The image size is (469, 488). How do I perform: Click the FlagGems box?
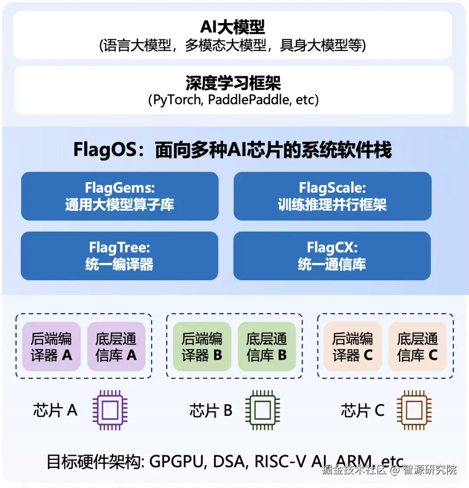point(119,196)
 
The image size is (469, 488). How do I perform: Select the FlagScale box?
point(332,196)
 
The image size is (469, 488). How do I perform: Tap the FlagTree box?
point(119,256)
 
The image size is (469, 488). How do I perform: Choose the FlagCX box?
point(332,256)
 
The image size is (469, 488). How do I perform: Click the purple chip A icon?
point(110,410)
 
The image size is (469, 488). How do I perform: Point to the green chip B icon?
point(262,410)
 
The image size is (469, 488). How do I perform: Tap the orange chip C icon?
point(413,410)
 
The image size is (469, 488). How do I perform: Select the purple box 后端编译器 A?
point(51,346)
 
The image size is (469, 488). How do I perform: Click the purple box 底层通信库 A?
point(116,346)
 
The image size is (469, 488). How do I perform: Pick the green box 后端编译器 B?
point(202,346)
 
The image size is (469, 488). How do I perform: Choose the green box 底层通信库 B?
point(267,346)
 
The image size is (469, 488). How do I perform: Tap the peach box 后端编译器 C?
point(353,346)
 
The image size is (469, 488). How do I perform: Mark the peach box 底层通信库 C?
point(417,346)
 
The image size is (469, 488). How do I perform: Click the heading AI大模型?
point(232,27)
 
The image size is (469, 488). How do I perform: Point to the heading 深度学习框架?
point(233,83)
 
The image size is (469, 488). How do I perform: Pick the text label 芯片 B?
point(211,410)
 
